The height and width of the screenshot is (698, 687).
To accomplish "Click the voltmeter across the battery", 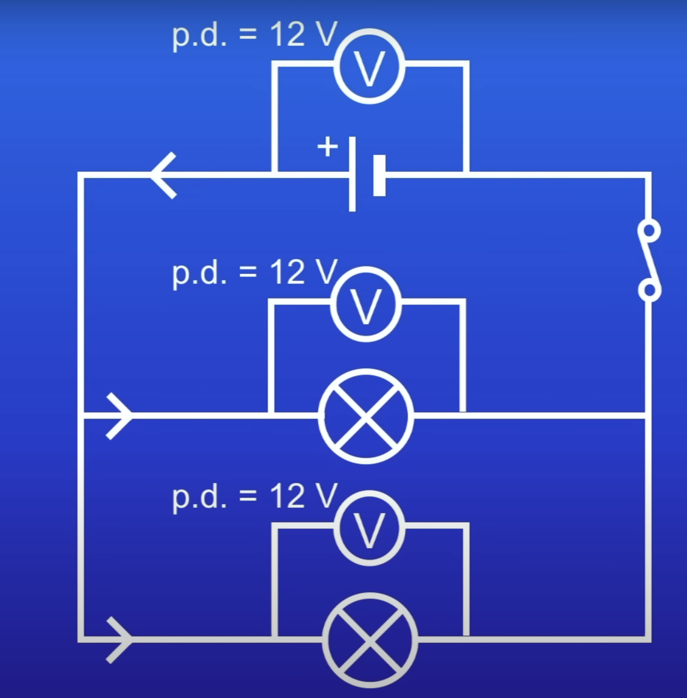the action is click(x=369, y=66).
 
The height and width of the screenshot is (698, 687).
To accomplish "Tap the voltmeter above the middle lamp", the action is click(x=366, y=304).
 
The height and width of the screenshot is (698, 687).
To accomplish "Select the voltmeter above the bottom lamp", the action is click(x=369, y=528).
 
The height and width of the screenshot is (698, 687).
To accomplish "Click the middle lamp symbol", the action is click(x=366, y=416).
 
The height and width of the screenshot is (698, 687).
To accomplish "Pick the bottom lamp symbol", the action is click(x=370, y=640).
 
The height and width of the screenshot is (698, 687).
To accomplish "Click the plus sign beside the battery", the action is click(x=328, y=146).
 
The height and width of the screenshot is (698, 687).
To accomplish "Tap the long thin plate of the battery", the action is click(x=352, y=174).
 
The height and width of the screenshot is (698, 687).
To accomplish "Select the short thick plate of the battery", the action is click(x=380, y=175).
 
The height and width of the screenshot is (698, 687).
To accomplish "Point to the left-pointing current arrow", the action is click(x=164, y=175).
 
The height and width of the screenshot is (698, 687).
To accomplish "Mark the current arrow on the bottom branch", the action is click(x=119, y=640).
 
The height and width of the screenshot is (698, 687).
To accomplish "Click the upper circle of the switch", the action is click(x=649, y=230).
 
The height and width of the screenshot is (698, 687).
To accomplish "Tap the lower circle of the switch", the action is click(x=649, y=290).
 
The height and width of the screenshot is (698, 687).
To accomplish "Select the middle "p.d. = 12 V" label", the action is click(x=254, y=272).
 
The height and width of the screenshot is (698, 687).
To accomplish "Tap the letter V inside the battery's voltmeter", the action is click(x=369, y=68).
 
